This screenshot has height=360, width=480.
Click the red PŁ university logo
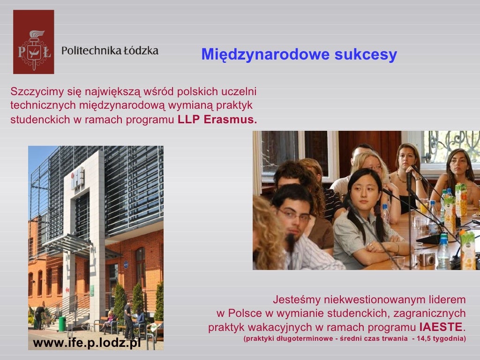[33, 42]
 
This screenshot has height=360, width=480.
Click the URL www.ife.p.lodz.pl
[87, 343]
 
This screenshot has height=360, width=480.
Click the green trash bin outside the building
[62, 323]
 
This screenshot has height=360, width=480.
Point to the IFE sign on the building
[78, 179]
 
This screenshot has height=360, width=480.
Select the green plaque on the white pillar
[92, 291]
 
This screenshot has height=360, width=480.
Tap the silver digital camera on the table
[427, 259]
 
